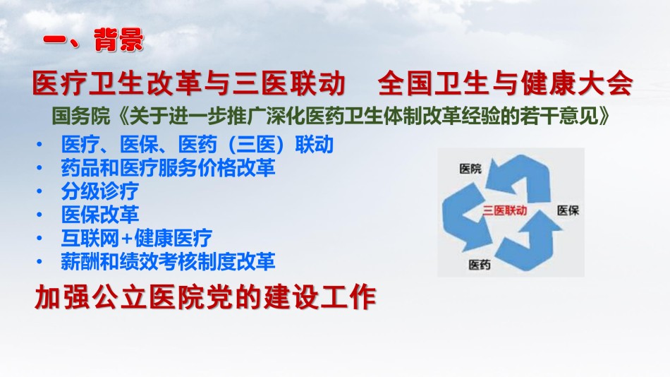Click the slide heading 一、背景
point(93,40)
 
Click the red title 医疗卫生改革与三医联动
point(188,83)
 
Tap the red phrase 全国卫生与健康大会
point(505,83)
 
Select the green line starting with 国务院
point(331,116)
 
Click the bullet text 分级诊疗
point(100,191)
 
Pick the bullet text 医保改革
point(100,215)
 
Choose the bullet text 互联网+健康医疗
point(136,238)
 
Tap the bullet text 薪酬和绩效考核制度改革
point(168,261)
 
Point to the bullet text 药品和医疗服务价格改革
point(168,167)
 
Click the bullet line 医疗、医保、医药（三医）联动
point(197,144)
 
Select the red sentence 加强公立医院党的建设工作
point(205,297)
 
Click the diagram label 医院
point(470,169)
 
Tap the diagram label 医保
point(568,210)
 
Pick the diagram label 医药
point(479,265)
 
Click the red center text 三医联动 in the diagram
point(505,210)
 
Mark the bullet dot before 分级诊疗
point(39,191)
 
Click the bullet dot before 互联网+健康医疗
point(39,239)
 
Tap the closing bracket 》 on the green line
point(604,116)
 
